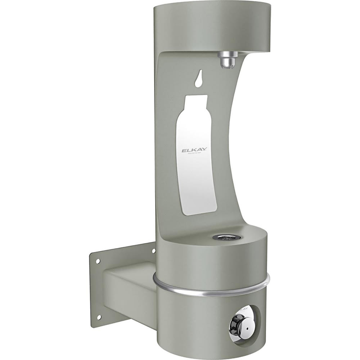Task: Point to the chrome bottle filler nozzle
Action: coord(227,60)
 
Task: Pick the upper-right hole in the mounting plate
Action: coord(153,250)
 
